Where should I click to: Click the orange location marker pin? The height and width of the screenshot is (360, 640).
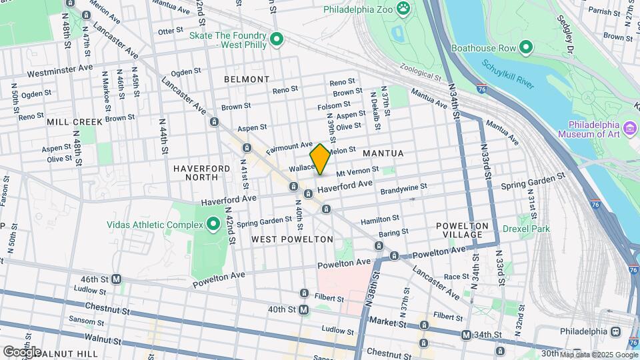[x=320, y=159]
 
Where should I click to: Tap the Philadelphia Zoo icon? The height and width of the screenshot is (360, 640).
[x=403, y=9]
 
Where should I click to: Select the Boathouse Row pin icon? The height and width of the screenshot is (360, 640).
[x=525, y=47]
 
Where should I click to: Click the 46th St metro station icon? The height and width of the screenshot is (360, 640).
[x=116, y=279]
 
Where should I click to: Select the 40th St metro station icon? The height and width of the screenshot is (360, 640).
[x=303, y=309]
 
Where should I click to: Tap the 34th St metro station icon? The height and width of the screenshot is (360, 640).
[x=466, y=335]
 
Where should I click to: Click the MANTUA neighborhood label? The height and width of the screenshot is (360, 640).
[x=383, y=153]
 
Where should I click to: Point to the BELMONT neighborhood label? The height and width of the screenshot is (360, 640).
[x=246, y=79]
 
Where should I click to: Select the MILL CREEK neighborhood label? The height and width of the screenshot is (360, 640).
[x=75, y=122]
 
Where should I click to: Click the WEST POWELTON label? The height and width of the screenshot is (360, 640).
[x=292, y=239]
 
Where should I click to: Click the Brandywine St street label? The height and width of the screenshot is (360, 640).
[x=403, y=189]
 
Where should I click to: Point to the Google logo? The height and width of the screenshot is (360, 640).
[x=21, y=351]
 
